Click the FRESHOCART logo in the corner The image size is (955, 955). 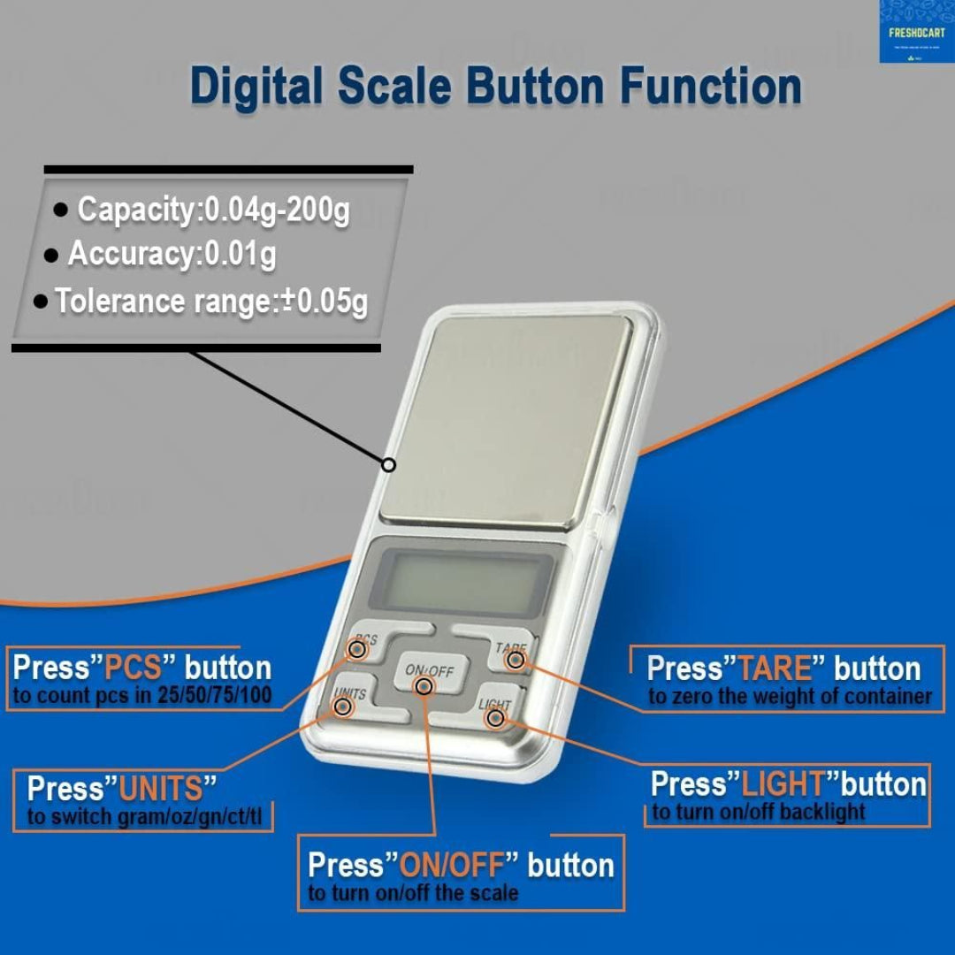916,32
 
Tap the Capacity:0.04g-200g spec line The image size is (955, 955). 212,210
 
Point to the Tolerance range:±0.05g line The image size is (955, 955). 210,302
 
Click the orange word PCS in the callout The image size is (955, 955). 134,668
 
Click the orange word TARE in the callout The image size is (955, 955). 774,668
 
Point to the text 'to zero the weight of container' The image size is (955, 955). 790,697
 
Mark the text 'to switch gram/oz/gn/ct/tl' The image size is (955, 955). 144,816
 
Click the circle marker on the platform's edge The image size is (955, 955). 388,464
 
